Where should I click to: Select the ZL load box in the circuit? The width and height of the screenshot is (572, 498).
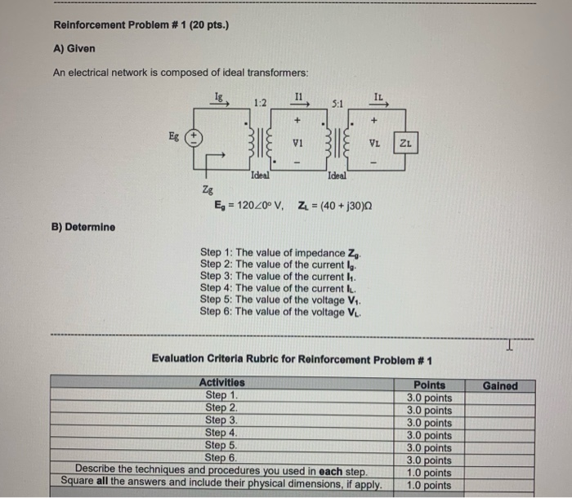pos(405,143)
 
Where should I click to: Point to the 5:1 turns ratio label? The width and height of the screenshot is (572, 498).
pos(337,104)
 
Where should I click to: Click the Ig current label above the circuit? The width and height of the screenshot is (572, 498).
pos(218,96)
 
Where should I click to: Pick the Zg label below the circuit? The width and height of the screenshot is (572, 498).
pos(208,189)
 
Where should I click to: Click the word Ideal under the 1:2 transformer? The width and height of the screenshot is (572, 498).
pos(261,175)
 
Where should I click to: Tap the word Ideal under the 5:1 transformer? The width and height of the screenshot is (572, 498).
pos(337,175)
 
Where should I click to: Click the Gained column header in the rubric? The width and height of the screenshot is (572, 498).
pos(500,385)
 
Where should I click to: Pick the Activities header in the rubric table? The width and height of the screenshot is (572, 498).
pos(221,383)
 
